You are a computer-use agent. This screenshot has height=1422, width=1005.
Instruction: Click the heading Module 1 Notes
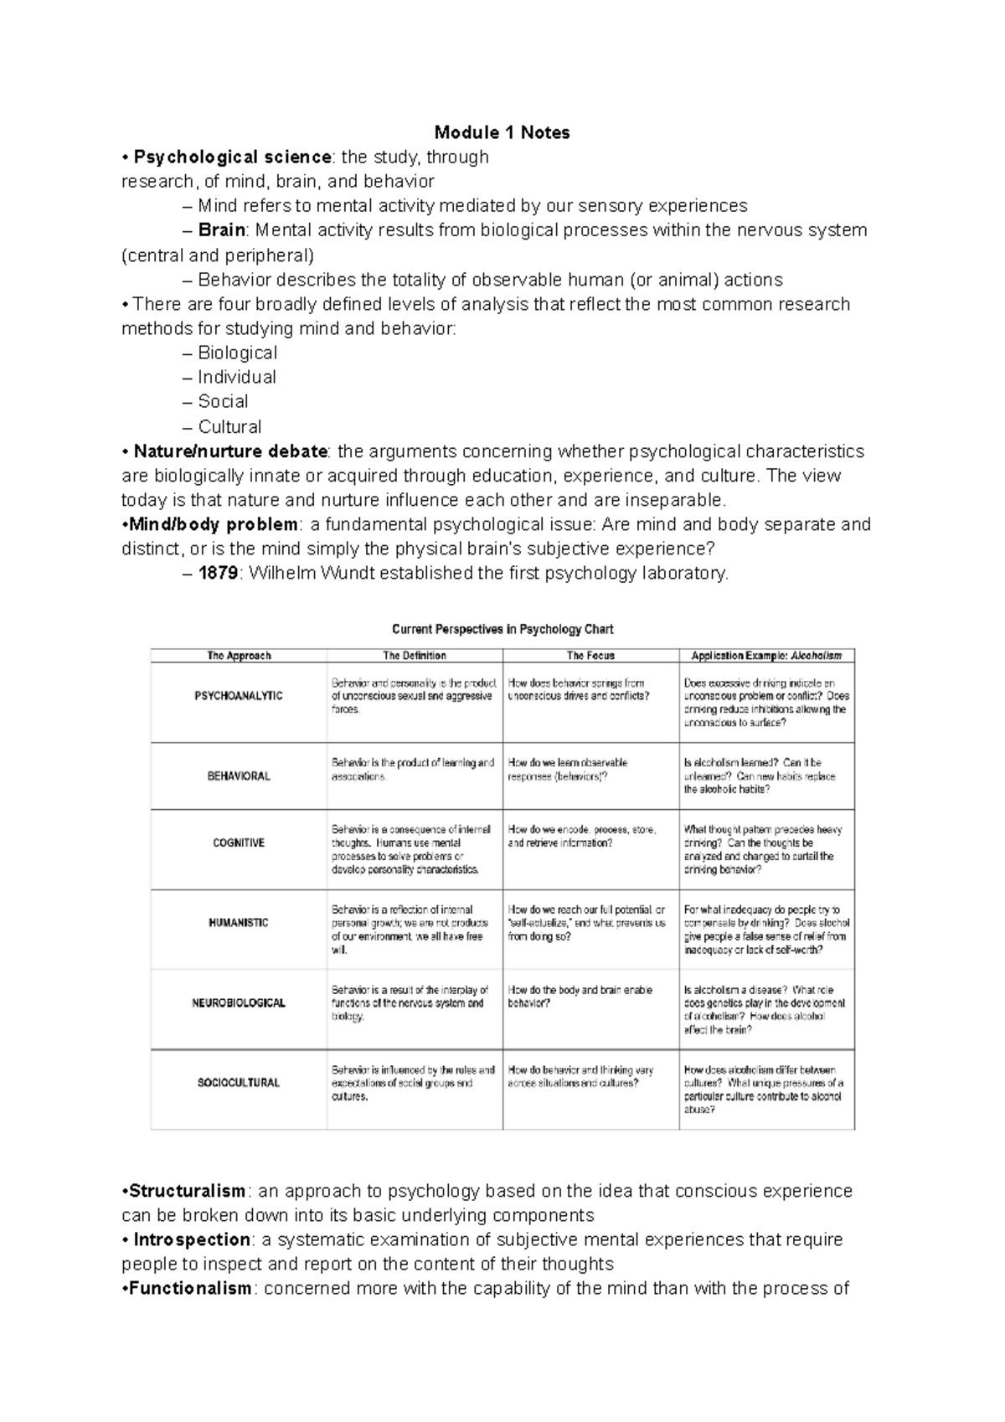[502, 132]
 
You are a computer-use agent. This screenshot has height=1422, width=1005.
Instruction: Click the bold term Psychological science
[233, 157]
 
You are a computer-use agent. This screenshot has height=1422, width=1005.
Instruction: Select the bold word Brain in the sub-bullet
[221, 230]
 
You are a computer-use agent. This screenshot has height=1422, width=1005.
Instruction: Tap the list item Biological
[237, 353]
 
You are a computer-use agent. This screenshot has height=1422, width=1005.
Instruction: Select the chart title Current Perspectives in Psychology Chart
[502, 629]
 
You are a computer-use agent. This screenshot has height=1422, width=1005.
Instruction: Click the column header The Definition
[415, 656]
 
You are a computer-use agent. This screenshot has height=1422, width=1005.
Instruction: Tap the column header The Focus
[590, 656]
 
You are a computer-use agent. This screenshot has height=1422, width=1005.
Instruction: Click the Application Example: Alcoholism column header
[766, 656]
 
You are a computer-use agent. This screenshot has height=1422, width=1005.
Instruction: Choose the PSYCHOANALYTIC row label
[239, 696]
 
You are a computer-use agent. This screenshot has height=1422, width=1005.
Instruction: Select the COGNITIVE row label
[239, 843]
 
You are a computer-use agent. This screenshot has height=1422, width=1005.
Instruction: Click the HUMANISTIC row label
[239, 923]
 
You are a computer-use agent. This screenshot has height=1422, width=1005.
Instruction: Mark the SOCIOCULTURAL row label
[239, 1083]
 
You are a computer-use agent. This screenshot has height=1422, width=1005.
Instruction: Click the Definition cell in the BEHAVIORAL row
[414, 770]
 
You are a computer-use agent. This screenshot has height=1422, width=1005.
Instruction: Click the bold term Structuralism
[187, 1191]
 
